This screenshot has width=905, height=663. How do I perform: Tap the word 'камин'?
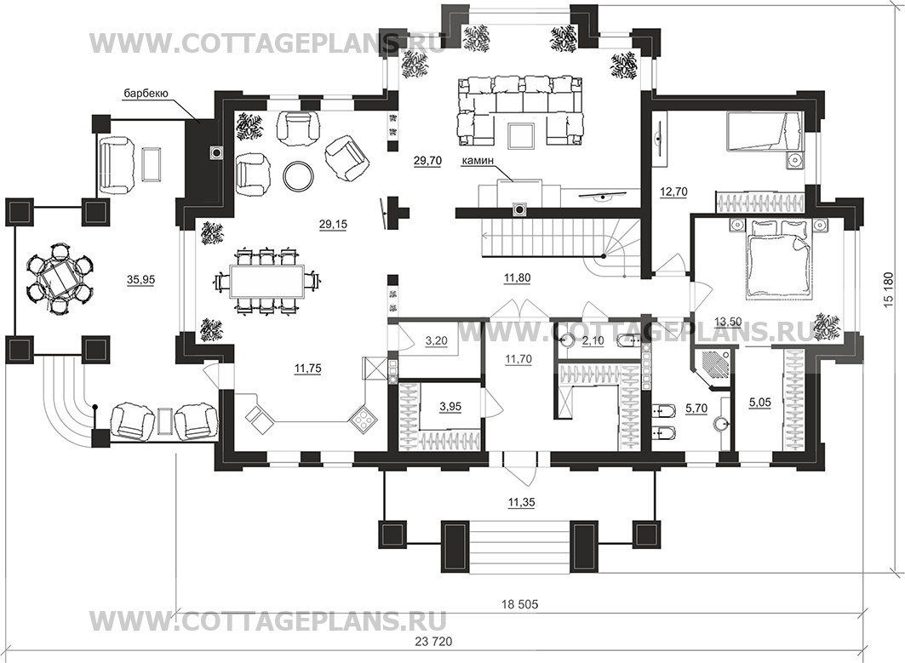477,163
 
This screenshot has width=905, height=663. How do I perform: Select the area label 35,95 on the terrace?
140,280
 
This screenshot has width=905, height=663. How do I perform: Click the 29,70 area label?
427,161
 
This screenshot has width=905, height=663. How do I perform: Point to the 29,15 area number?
333,225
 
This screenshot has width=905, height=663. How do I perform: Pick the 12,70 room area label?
673,192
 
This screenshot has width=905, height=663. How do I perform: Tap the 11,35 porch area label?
521,503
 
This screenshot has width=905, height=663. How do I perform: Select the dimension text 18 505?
519,604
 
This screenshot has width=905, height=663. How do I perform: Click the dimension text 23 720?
434,641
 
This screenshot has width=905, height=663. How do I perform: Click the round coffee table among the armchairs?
299,174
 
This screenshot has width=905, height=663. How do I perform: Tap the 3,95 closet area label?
450,407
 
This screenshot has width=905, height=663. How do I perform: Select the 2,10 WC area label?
593,341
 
